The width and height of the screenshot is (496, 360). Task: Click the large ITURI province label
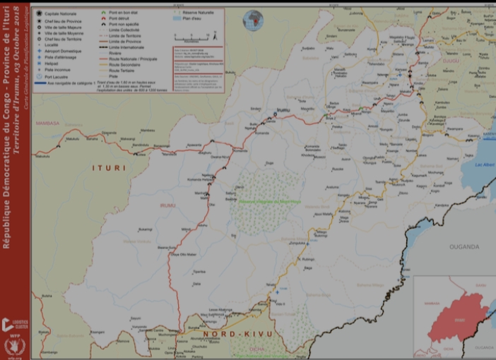(x=109, y=168)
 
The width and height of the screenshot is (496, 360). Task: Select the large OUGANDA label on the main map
(x=464, y=246)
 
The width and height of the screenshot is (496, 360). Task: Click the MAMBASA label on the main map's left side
(x=48, y=121)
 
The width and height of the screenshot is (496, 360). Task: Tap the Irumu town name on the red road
(x=283, y=110)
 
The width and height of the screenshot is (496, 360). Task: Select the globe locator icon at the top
(x=252, y=18)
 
